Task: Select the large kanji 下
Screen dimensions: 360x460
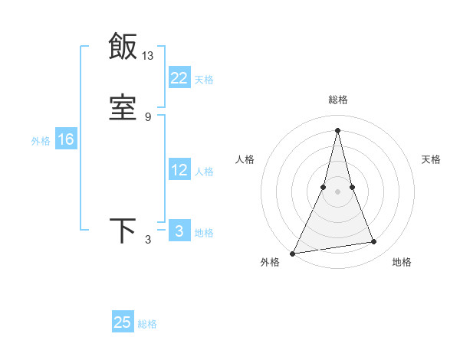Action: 123,231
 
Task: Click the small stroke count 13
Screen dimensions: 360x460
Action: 148,55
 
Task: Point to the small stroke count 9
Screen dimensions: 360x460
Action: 148,117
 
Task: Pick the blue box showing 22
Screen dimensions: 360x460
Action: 179,77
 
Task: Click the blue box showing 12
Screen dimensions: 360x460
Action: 179,170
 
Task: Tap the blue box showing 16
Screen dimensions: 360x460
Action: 65,139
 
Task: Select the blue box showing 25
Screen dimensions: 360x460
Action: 123,322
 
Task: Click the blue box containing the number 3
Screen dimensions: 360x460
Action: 179,231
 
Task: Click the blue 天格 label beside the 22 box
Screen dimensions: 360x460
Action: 204,80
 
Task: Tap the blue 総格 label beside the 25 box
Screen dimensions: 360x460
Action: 147,325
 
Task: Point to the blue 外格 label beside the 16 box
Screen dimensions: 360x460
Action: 41,141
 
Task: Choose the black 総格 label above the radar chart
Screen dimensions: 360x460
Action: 338,100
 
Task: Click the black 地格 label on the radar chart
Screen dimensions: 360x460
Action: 402,263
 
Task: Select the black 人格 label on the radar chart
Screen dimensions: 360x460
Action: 245,159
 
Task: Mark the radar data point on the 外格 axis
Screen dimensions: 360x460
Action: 293,253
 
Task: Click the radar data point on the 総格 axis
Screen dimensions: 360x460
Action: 338,129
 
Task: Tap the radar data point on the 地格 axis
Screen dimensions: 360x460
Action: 374,242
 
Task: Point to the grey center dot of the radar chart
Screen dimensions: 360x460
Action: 338,191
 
